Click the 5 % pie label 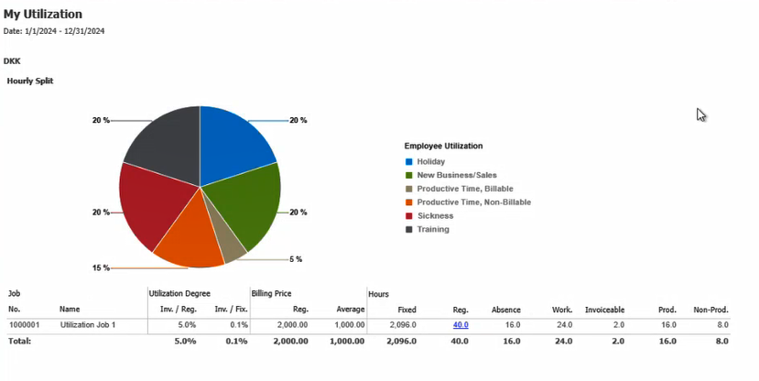296,259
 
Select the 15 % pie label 101,268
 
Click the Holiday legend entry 430,161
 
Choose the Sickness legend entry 435,215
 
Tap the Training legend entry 433,229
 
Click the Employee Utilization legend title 443,146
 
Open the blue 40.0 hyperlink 461,325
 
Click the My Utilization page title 43,15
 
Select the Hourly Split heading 30,81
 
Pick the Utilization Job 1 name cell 89,325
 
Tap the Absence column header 506,310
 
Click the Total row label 19,342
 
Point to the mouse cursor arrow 700,114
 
